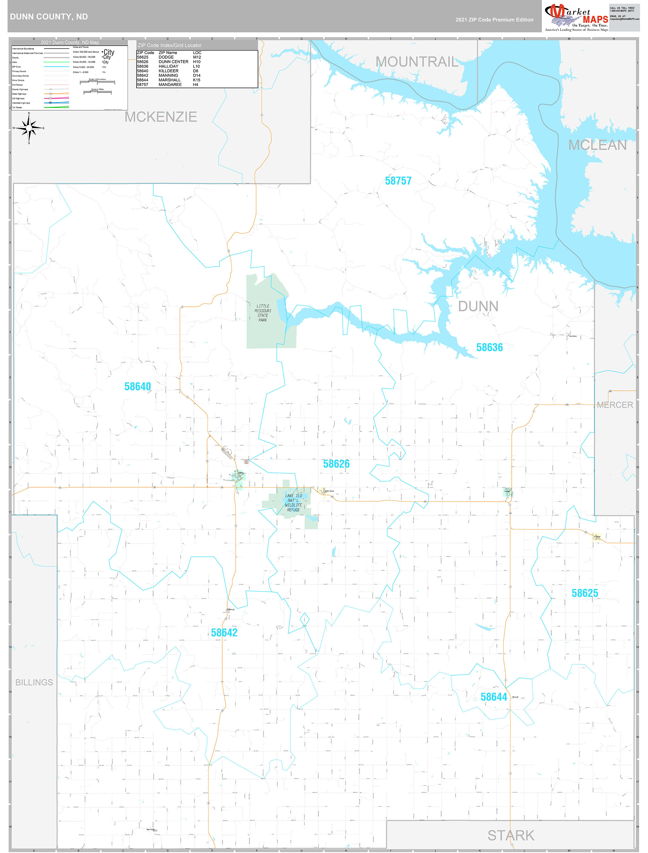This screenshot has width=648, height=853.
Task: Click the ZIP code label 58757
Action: [x=398, y=181]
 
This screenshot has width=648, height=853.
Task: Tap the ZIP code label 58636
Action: [x=489, y=347]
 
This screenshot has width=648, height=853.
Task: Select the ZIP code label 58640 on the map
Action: [x=138, y=386]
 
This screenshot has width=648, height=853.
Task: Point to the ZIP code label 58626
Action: [x=336, y=464]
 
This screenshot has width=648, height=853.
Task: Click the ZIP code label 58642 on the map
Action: [x=224, y=633]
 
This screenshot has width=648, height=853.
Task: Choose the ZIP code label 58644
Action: [x=494, y=697]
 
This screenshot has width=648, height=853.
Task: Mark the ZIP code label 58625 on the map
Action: [x=585, y=593]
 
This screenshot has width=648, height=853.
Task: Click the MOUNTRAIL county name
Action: [x=417, y=62]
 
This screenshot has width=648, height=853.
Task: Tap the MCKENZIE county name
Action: [x=161, y=117]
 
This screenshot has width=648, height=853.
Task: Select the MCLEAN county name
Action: [x=597, y=145]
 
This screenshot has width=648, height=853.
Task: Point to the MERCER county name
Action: [x=615, y=405]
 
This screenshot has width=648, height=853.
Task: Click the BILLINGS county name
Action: [x=34, y=682]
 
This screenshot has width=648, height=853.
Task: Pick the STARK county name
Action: [x=510, y=835]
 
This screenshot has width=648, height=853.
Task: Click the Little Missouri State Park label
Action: [x=263, y=313]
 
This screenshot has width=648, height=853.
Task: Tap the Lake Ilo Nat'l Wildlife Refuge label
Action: [x=293, y=503]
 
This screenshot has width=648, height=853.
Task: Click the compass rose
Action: [x=29, y=128]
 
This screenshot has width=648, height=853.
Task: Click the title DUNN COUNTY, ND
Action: [x=49, y=17]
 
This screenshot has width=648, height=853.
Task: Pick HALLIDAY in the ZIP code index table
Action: [x=168, y=66]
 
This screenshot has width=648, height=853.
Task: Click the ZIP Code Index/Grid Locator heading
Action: [x=169, y=46]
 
